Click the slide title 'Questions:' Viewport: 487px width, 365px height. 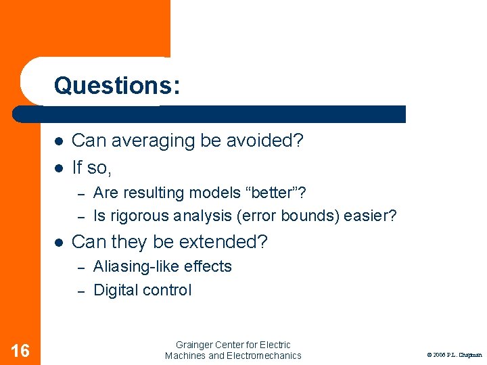[x=117, y=85]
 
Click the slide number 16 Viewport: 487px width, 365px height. [x=20, y=350]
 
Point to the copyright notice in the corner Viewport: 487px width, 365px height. [x=454, y=354]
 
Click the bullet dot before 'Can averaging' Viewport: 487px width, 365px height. [x=59, y=141]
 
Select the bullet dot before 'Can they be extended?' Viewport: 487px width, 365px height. [x=59, y=242]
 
